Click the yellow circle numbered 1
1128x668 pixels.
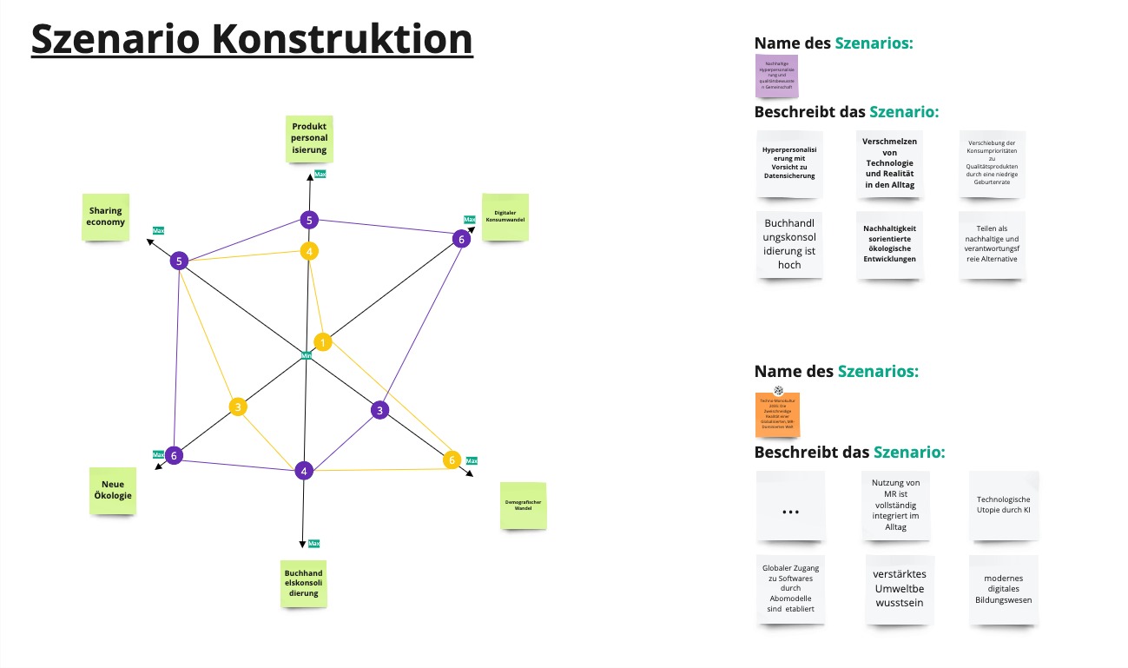322,342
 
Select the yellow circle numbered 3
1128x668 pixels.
238,407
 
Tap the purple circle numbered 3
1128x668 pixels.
379,410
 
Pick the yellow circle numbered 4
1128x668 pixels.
308,251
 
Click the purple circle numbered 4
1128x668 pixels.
303,471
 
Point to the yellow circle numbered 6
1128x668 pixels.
452,460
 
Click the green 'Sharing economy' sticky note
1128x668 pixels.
105,216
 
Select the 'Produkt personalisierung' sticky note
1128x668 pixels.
309,138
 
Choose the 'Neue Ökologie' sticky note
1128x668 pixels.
112,490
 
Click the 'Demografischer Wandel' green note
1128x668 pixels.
523,505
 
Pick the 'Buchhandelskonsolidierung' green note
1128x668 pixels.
304,584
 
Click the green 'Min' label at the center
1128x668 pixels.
306,355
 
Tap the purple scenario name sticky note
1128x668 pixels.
776,76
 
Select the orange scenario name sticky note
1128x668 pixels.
778,413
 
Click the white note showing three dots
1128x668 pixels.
790,506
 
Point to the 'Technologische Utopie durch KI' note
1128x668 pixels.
1003,505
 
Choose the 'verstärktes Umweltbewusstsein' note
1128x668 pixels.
900,588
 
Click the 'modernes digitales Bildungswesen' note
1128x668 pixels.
1003,589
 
